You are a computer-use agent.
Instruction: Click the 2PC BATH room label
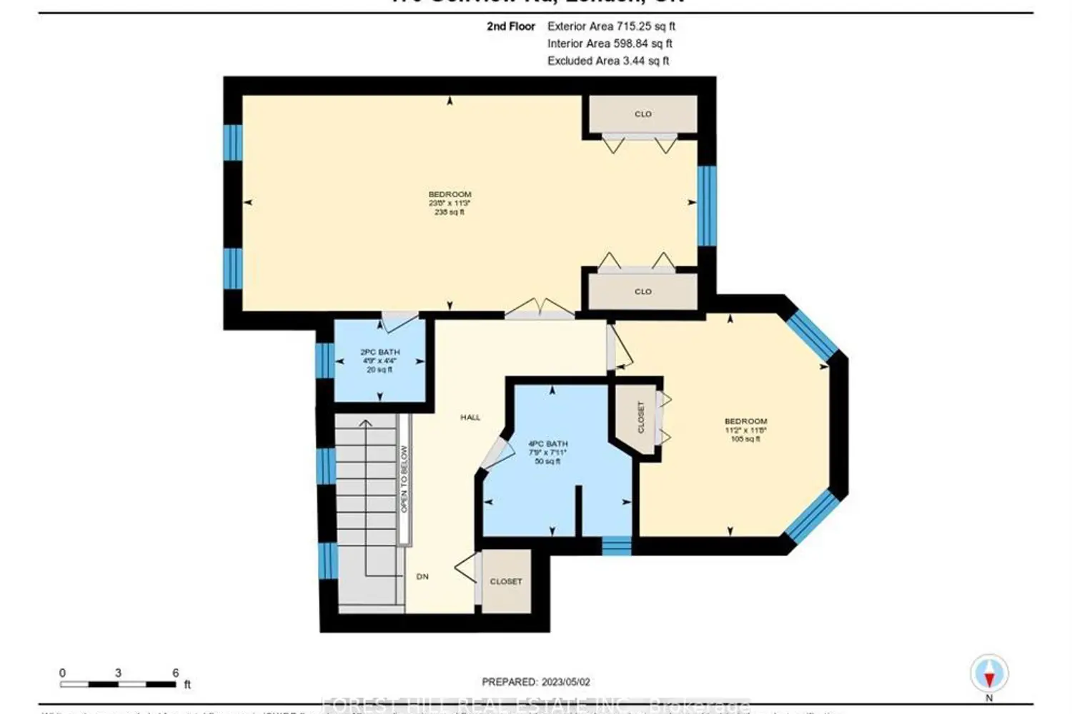click(x=379, y=353)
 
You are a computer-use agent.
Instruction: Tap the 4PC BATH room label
click(x=547, y=444)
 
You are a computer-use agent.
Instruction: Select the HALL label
click(x=470, y=417)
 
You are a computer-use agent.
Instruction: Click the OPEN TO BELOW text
click(x=404, y=478)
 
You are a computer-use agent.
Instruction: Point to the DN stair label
click(x=422, y=576)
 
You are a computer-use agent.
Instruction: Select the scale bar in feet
click(x=118, y=684)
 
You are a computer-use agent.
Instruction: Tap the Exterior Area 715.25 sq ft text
click(x=611, y=26)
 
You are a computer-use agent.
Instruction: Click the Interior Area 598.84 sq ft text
click(x=610, y=44)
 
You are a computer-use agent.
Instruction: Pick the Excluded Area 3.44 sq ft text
click(x=608, y=61)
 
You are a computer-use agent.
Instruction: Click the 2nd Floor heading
click(x=511, y=26)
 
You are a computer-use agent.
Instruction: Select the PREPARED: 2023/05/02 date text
click(x=536, y=683)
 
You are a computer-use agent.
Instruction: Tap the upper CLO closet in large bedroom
click(x=643, y=114)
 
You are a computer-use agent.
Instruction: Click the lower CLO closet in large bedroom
click(x=643, y=291)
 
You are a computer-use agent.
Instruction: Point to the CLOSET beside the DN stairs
click(x=506, y=581)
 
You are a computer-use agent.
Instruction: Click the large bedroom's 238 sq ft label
click(x=450, y=212)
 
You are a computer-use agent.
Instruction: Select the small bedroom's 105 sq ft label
click(x=745, y=439)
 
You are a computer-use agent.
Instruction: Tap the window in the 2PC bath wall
click(x=324, y=361)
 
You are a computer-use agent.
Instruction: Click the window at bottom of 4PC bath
click(x=616, y=545)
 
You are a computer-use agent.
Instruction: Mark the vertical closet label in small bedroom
click(x=641, y=417)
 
